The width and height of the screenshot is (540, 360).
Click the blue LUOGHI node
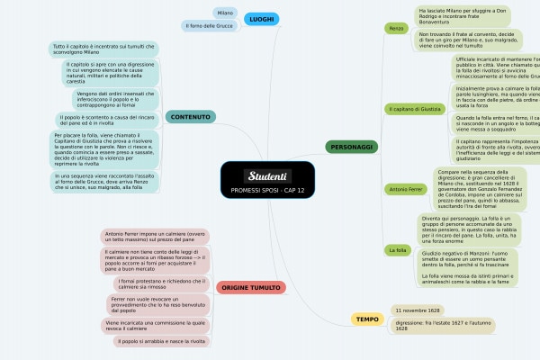(261, 19)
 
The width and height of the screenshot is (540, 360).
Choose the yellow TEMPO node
(367, 319)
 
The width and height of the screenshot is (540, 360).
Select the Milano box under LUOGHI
(225, 12)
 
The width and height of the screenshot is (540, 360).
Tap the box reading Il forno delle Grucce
(208, 25)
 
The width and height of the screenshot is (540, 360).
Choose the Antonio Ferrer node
(406, 190)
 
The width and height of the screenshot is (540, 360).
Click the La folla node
(397, 249)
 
